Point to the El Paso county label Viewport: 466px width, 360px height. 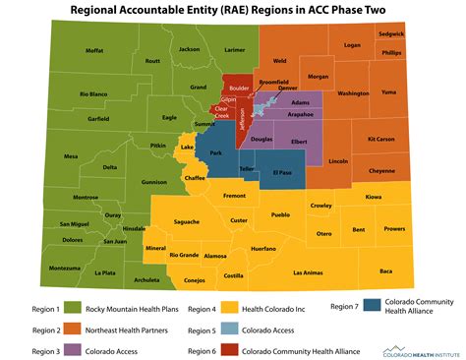pos(282,173)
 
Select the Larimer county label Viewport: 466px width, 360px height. pos(233,48)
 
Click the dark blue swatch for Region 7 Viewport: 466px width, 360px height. pos(373,306)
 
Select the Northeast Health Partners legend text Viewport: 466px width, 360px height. pos(127,329)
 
